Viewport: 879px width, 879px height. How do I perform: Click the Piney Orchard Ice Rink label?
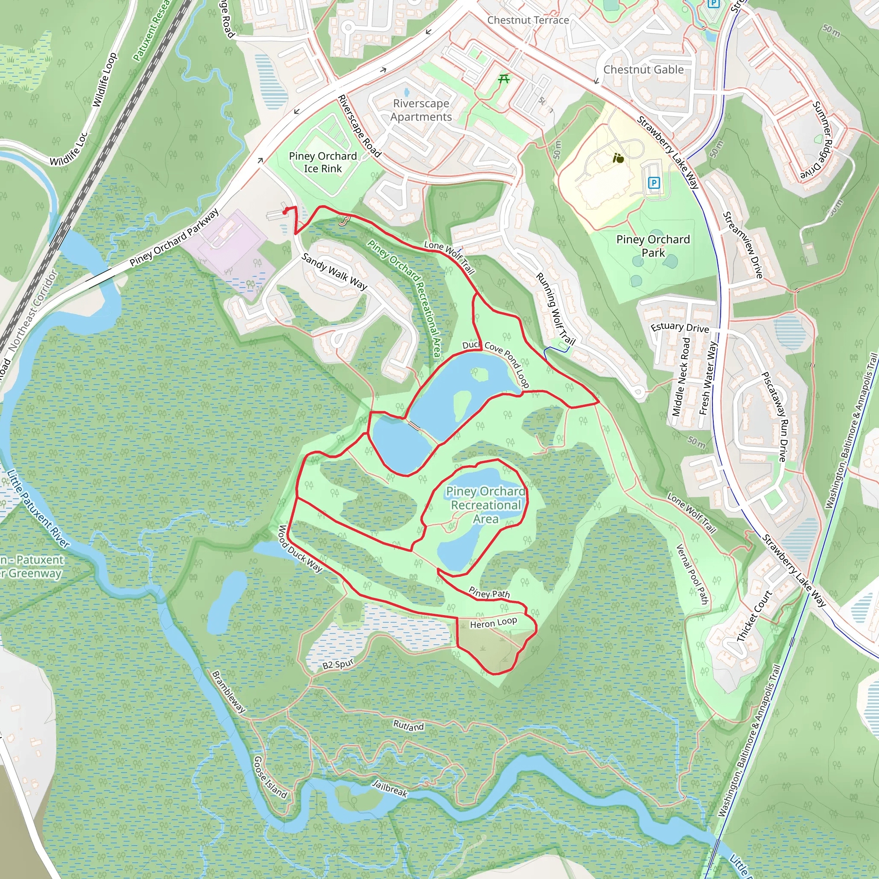click(x=323, y=162)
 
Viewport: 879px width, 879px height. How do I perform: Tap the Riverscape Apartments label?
click(x=421, y=110)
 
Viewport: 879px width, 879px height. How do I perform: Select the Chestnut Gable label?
click(x=643, y=70)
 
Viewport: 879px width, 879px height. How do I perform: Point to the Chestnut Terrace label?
click(x=528, y=20)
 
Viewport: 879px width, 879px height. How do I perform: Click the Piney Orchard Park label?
click(x=653, y=246)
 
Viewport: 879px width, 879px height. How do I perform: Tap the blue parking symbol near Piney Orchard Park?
click(x=654, y=183)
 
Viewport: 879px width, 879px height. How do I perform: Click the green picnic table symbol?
click(x=503, y=79)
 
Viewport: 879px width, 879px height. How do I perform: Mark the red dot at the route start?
click(x=285, y=212)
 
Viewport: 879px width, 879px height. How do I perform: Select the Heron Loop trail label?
click(x=493, y=623)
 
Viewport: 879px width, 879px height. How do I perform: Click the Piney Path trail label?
click(x=489, y=593)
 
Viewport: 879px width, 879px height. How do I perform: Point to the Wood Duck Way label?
click(x=300, y=548)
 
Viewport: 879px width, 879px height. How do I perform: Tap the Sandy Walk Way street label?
click(x=334, y=272)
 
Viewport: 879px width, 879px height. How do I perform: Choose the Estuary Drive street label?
click(x=680, y=327)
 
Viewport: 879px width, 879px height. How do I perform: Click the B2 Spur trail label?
click(x=338, y=664)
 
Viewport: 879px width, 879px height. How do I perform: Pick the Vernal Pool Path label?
click(x=692, y=574)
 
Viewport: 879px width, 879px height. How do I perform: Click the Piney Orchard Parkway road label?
click(x=174, y=237)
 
